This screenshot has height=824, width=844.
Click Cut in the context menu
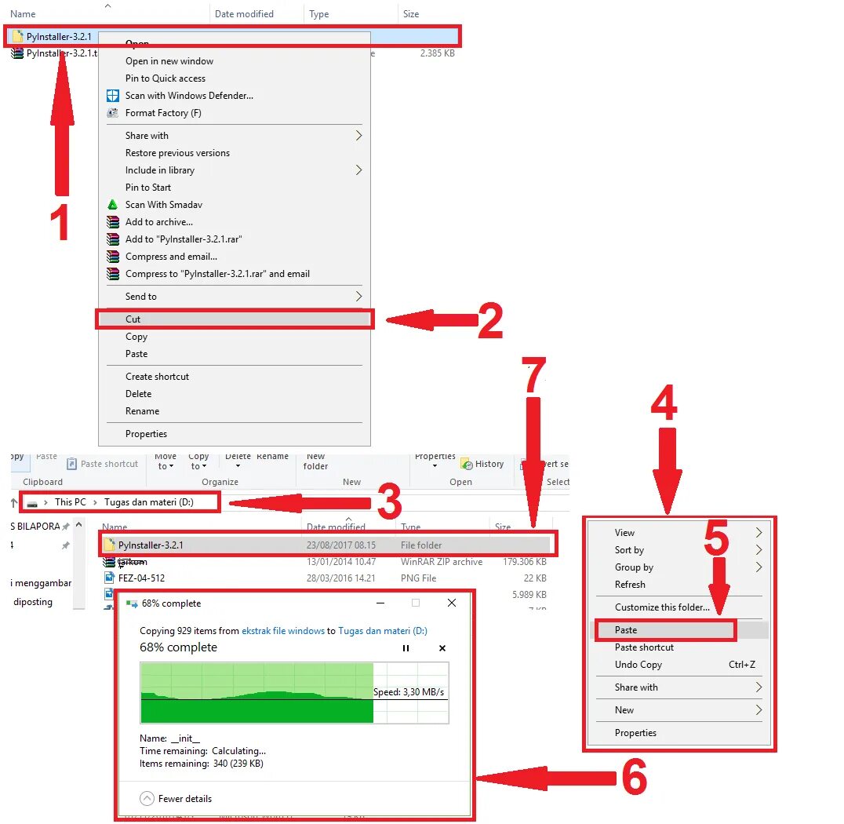click(133, 319)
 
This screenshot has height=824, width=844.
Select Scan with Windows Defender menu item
click(189, 96)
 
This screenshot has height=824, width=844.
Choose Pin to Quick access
click(166, 78)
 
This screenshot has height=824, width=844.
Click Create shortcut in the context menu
click(157, 377)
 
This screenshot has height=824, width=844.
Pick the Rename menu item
click(142, 411)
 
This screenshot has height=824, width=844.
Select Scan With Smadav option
click(164, 205)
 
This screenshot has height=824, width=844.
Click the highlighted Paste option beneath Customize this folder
click(626, 630)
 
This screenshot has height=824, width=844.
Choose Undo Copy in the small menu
click(638, 665)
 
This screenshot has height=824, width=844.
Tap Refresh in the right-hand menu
click(630, 585)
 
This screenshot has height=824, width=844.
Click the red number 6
click(634, 778)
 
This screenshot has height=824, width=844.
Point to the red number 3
click(389, 503)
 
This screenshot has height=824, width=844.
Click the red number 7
click(533, 376)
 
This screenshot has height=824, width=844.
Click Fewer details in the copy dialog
click(184, 799)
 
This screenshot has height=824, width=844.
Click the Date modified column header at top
click(244, 14)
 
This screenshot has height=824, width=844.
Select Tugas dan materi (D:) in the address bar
click(148, 502)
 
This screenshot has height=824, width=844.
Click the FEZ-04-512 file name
click(141, 578)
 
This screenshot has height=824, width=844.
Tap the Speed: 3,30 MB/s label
click(409, 692)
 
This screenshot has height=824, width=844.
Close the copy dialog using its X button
click(451, 603)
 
